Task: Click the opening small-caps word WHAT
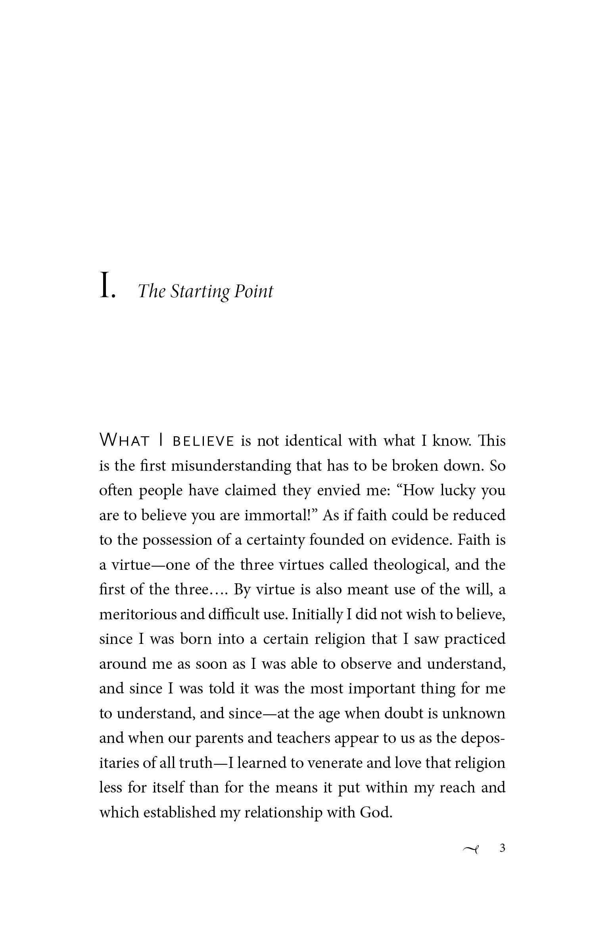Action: [124, 441]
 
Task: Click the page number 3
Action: [502, 848]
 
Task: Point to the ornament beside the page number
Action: [471, 849]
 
